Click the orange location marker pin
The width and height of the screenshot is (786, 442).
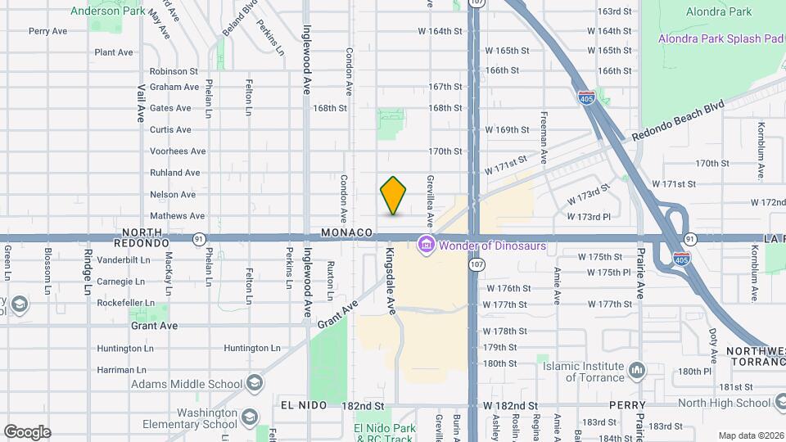(394, 196)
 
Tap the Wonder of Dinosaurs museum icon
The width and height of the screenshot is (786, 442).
(426, 244)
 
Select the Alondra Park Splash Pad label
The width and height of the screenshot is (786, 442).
(721, 39)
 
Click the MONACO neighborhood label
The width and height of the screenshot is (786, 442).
(347, 233)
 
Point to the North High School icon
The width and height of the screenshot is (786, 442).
(778, 403)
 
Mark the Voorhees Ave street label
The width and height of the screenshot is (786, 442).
(178, 151)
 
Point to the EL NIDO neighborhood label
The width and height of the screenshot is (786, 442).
(304, 406)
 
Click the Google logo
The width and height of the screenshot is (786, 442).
(27, 432)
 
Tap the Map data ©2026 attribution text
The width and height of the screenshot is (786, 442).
(750, 435)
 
